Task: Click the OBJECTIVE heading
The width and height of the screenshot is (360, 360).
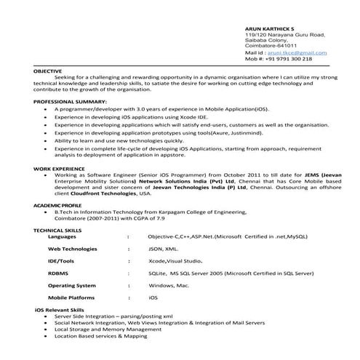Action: pos(47,71)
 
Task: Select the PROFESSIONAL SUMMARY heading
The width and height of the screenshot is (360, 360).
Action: pos(69,101)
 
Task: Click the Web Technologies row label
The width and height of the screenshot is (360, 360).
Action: pos(73,249)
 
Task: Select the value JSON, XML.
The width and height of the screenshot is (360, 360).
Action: pos(162,249)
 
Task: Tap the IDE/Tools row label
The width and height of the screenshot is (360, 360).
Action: pos(61,261)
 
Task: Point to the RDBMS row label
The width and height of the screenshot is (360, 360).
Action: pos(59,273)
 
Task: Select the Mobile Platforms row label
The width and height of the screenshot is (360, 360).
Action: pos(71,298)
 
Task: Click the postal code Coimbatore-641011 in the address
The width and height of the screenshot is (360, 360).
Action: pos(271,46)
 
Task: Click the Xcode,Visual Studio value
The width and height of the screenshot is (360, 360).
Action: pos(175,261)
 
